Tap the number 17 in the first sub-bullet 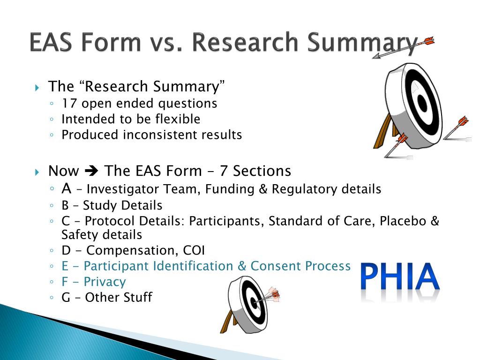69,103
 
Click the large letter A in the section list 66,188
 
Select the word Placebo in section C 403,221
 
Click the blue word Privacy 105,282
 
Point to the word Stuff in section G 137,298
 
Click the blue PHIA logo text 400,277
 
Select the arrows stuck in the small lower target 270,296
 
